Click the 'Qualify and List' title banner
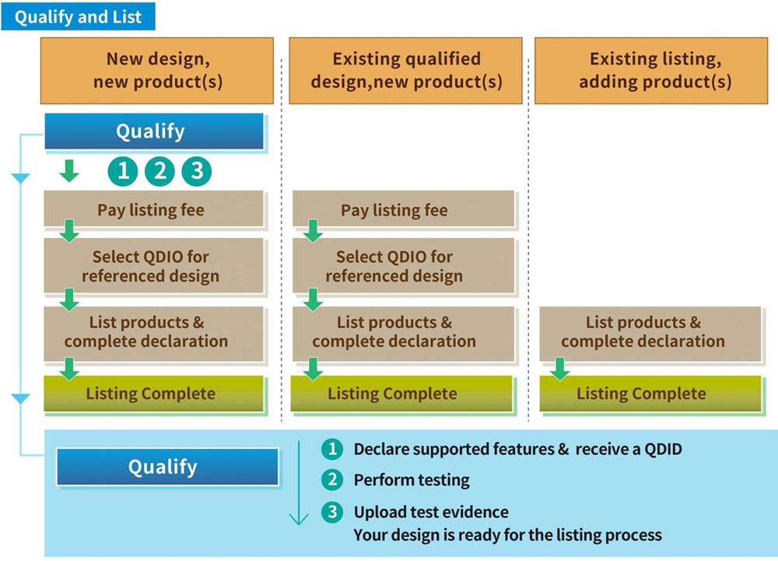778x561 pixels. click(x=78, y=16)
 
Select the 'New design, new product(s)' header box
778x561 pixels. click(x=157, y=71)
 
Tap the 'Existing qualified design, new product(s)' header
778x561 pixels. click(x=405, y=71)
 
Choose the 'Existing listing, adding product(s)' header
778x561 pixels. click(x=651, y=71)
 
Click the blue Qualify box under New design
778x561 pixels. click(x=154, y=131)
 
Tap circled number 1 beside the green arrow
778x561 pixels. click(x=123, y=171)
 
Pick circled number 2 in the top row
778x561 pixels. click(x=159, y=171)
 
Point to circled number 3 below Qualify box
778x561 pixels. click(x=197, y=171)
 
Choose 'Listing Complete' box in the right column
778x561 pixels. click(x=650, y=394)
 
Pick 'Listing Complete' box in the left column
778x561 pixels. click(x=154, y=394)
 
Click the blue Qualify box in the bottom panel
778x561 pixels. click(x=168, y=467)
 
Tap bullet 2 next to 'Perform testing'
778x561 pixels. click(x=332, y=479)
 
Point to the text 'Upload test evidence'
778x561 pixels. click(x=431, y=512)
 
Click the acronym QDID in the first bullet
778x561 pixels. click(x=663, y=449)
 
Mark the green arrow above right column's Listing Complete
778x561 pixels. click(x=559, y=369)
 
